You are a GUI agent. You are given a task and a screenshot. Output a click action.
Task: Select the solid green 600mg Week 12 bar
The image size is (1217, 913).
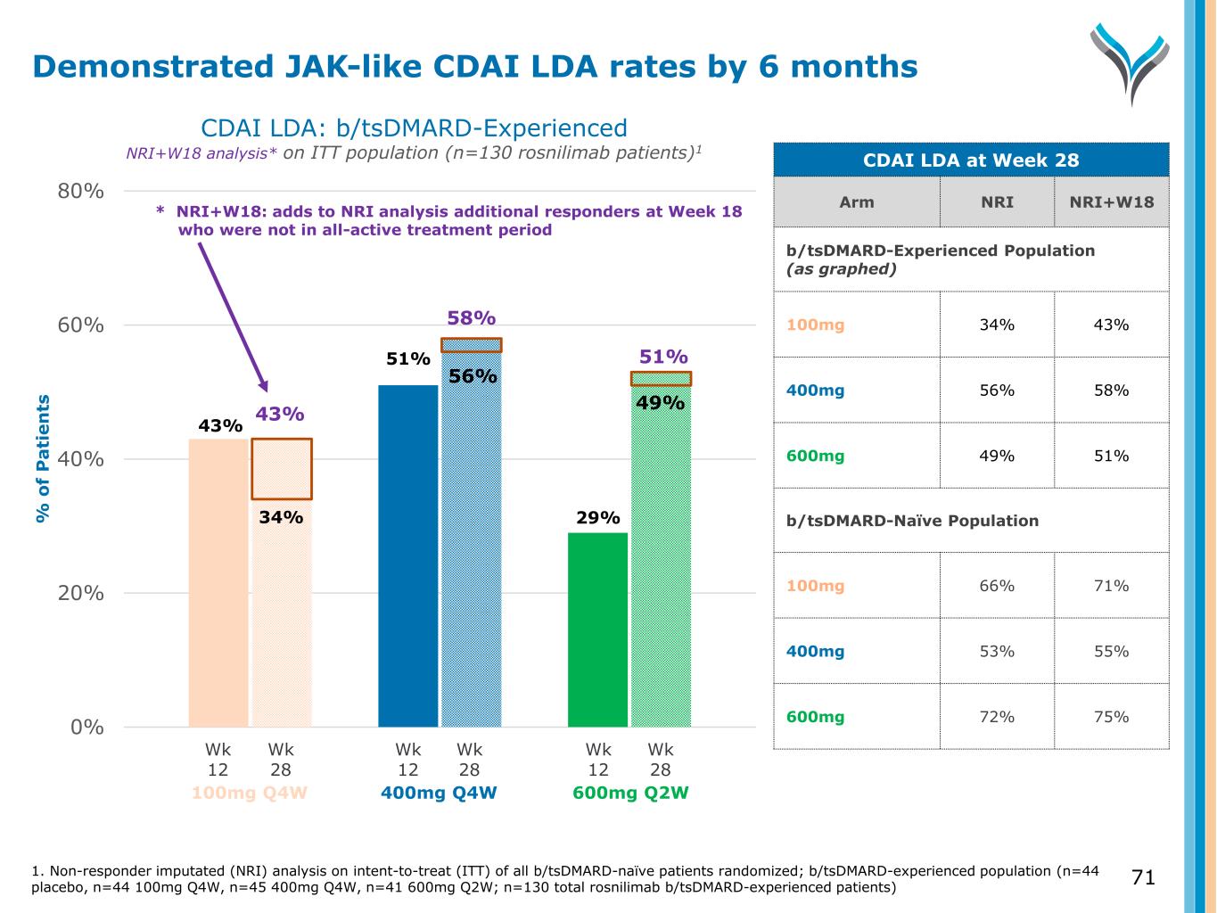click(x=597, y=629)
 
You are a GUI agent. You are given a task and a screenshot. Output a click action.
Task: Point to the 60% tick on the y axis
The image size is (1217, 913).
click(x=87, y=325)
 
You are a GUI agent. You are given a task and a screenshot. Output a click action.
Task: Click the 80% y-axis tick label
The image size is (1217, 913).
click(x=87, y=192)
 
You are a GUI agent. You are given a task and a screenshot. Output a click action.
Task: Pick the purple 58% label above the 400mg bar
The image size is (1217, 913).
click(x=471, y=318)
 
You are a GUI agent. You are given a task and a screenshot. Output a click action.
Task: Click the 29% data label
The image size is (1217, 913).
click(x=597, y=517)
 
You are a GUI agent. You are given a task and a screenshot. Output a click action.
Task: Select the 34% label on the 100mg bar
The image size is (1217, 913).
click(x=282, y=516)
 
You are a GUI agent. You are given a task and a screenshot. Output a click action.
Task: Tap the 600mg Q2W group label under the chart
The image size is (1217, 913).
click(x=630, y=793)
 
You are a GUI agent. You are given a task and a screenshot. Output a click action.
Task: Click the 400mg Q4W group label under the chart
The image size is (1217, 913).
click(x=439, y=793)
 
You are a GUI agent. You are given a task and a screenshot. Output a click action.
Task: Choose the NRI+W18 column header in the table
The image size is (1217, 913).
click(x=1111, y=202)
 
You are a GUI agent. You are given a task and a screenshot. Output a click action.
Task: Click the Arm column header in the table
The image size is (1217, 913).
click(x=856, y=202)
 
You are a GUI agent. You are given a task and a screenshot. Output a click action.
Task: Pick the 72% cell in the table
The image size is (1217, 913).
click(x=997, y=717)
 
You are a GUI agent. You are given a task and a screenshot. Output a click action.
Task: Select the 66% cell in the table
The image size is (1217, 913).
click(x=997, y=586)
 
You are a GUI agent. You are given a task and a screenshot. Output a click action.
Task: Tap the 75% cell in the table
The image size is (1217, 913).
click(x=1111, y=717)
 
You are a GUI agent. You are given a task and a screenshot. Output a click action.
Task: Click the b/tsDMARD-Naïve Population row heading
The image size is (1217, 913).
click(x=912, y=521)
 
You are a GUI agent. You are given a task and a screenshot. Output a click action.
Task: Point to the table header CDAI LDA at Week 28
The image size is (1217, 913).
click(x=971, y=160)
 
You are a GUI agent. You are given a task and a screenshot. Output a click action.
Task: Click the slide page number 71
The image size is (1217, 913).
click(x=1143, y=877)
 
